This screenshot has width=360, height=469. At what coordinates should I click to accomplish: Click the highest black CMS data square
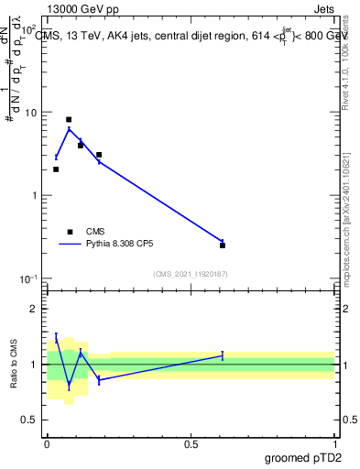pyautogui.click(x=69, y=119)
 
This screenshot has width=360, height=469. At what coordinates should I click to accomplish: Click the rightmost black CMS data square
pyautogui.click(x=223, y=245)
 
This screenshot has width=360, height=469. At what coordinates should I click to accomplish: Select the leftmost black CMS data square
pyautogui.click(x=56, y=169)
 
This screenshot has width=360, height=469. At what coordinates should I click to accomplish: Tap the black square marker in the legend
pyautogui.click(x=69, y=232)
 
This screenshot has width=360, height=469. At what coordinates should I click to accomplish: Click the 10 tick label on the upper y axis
pyautogui.click(x=32, y=113)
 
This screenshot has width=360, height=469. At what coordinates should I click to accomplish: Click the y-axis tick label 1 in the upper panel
pyautogui.click(x=35, y=196)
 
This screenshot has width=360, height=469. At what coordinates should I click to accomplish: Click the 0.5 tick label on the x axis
pyautogui.click(x=191, y=443)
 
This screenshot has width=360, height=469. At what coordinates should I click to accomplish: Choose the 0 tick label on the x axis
pyautogui.click(x=48, y=443)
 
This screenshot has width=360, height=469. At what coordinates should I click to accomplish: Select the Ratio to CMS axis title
pyautogui.click(x=13, y=365)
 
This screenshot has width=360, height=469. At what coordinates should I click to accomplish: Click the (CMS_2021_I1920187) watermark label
pyautogui.click(x=191, y=273)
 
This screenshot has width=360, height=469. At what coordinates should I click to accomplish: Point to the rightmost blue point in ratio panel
pyautogui.click(x=223, y=355)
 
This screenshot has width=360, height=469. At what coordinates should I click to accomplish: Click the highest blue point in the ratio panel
pyautogui.click(x=56, y=338)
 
